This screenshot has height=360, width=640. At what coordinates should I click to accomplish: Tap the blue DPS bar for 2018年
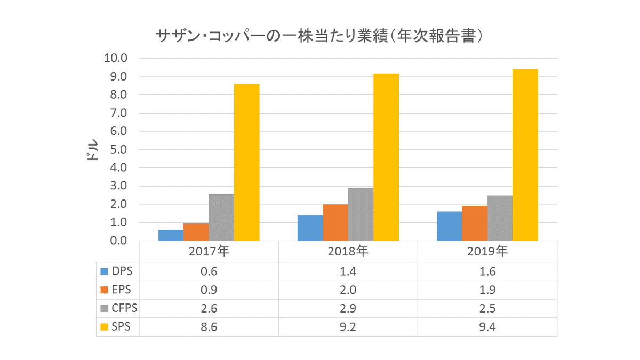tap(310, 228)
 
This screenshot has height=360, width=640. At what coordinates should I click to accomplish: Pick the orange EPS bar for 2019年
tap(475, 223)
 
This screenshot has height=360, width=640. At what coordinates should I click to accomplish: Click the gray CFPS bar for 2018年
tap(361, 214)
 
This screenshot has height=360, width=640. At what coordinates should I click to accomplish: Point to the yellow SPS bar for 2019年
tap(525, 155)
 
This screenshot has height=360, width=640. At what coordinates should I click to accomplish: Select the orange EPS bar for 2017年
tap(196, 232)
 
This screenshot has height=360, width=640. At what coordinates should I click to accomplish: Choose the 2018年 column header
tap(348, 251)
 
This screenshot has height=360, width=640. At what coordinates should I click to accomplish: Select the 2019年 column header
tap(487, 251)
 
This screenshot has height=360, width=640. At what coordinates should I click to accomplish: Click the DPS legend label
tap(122, 271)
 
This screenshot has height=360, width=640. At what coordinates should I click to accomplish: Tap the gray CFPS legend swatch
tap(105, 308)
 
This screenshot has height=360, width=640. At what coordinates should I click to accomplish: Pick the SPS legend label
tap(121, 326)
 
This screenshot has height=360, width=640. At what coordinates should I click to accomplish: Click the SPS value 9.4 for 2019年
tap(487, 326)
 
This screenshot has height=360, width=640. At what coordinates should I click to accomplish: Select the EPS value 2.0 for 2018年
tap(348, 290)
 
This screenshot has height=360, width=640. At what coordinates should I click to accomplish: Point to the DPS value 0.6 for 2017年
tap(209, 271)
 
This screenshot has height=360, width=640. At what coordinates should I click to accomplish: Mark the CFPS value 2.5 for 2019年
tap(487, 308)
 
